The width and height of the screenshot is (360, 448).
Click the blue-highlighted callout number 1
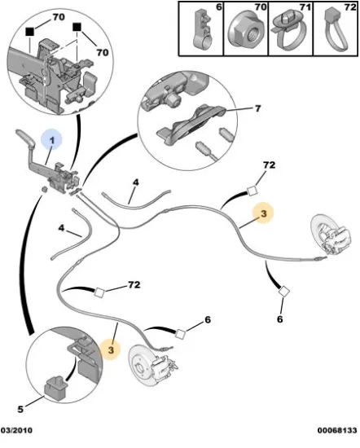click(51, 140)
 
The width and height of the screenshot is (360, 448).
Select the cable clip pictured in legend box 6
click(204, 28)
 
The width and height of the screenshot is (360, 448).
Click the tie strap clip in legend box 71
click(290, 32)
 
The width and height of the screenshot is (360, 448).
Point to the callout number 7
click(257, 108)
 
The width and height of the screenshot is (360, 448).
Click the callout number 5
click(20, 409)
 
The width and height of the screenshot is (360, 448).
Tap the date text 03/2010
click(16, 430)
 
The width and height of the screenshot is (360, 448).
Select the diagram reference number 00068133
click(337, 430)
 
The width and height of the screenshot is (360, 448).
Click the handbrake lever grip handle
click(25, 138)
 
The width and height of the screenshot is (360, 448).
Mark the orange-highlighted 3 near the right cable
click(263, 213)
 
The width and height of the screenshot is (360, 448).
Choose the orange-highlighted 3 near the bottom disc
click(111, 349)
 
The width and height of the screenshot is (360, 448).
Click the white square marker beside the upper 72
click(252, 191)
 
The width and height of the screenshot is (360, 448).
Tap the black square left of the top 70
click(30, 32)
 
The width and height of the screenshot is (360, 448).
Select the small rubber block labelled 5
click(55, 389)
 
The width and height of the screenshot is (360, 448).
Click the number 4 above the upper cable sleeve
click(136, 182)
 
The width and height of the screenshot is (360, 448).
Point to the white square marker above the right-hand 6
click(283, 292)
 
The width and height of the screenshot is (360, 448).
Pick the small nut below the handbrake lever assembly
click(44, 189)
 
